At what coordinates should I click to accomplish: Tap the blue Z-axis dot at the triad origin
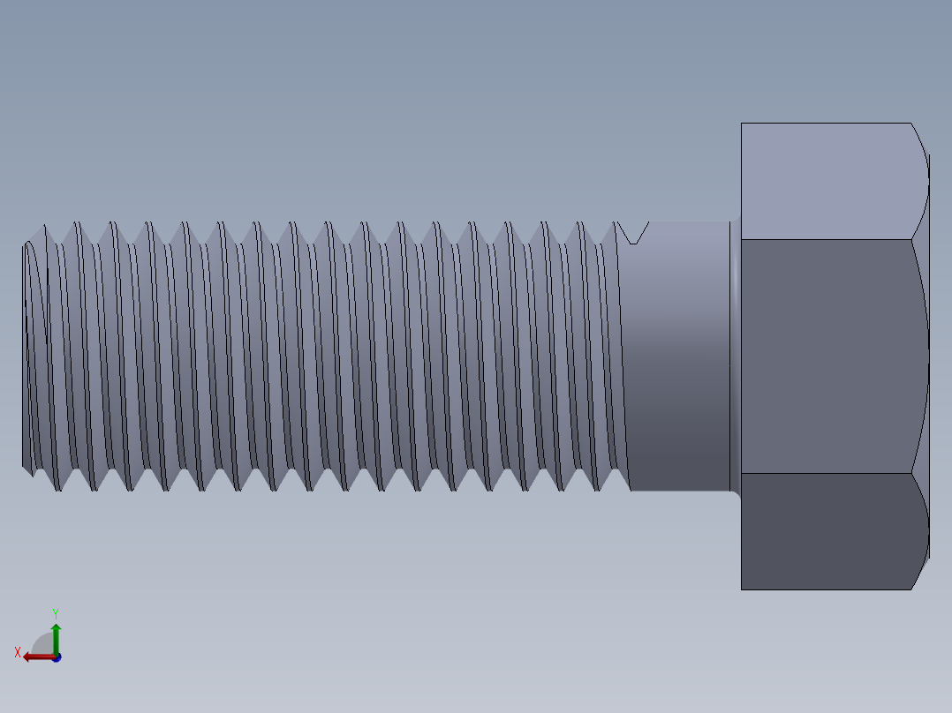56,657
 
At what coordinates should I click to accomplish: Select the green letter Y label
55,612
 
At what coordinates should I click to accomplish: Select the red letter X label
18,653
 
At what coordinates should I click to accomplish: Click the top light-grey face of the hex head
826,181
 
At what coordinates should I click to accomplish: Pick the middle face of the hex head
826,356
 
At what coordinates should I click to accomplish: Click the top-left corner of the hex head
742,124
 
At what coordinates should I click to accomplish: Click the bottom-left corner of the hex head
742,589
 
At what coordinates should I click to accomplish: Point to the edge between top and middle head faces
826,239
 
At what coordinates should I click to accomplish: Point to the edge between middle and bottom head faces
826,473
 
